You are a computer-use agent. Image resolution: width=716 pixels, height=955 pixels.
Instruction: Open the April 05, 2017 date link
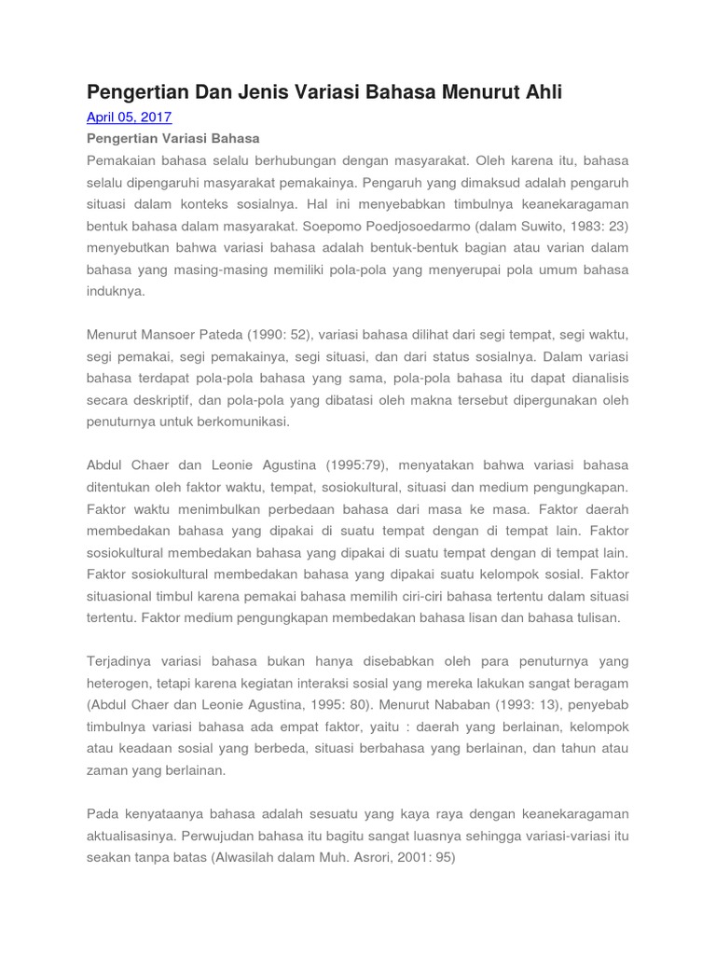[129, 118]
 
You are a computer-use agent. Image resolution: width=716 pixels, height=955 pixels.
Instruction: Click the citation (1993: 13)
[516, 704]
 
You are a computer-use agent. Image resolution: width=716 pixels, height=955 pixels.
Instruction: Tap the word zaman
[106, 770]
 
